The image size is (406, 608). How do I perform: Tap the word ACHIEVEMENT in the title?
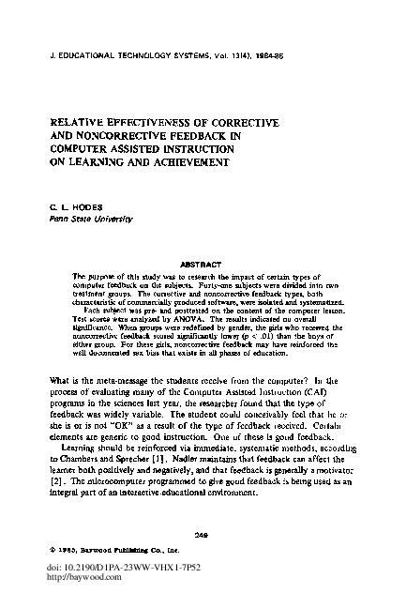pyautogui.click(x=181, y=161)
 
